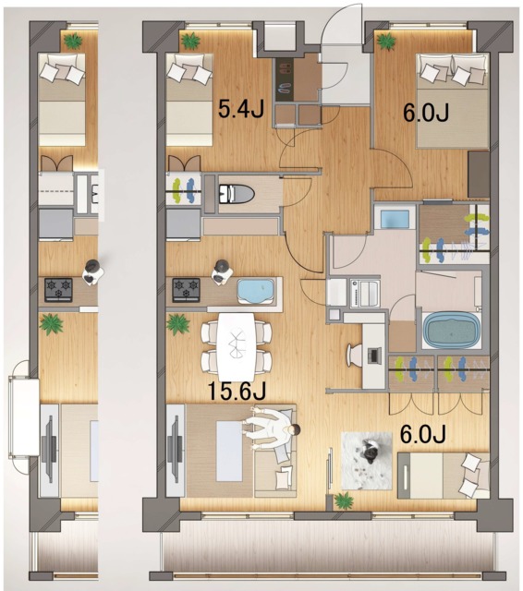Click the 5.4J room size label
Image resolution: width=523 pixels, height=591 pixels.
240,110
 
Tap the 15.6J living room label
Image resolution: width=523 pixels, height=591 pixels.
237,391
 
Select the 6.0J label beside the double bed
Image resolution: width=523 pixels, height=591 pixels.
426,113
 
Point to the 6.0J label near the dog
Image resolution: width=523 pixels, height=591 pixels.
422,434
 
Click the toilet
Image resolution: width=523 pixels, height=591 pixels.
237,194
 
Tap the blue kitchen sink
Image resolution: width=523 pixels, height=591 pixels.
256,290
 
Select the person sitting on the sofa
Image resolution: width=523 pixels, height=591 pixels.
272,430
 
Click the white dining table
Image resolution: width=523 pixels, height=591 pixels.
237,347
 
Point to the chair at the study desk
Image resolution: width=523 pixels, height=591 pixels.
354,355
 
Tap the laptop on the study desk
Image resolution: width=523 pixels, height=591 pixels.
374,356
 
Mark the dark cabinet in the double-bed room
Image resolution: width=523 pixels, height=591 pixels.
479,175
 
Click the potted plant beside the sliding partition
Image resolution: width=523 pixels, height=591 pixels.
343,501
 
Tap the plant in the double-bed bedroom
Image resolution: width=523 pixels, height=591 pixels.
386,41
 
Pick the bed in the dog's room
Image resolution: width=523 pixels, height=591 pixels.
444,476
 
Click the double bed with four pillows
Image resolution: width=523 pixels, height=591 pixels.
452,101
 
